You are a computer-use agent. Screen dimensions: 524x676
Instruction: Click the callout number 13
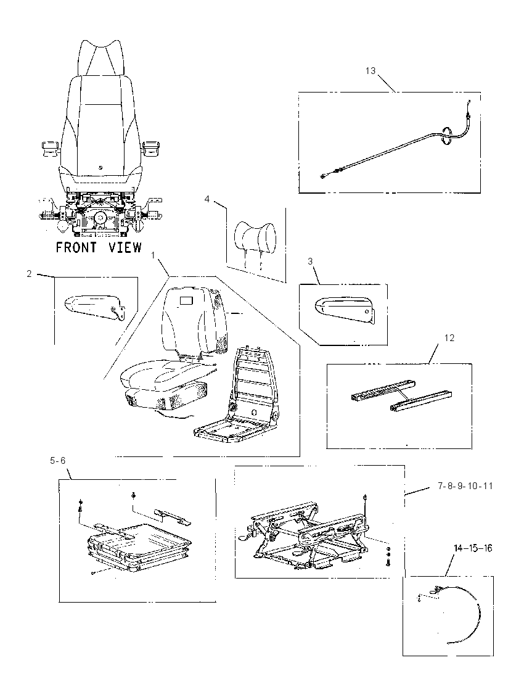pos(370,71)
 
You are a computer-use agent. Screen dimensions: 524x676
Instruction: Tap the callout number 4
pos(207,199)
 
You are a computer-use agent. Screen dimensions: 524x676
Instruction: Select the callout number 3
pos(310,262)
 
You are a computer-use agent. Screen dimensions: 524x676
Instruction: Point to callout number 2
pos(29,274)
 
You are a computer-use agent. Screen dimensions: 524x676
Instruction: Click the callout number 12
pos(449,338)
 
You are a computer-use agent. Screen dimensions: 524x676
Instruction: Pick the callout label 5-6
pos(58,461)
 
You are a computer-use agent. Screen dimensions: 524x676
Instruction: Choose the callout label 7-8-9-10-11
pos(465,486)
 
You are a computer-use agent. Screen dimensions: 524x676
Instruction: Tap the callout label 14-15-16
pos(473,548)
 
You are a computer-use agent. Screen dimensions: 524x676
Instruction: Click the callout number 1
pos(153,255)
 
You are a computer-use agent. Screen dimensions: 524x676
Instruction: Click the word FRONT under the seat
pos(76,247)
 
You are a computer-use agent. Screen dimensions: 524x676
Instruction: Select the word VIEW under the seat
pos(125,247)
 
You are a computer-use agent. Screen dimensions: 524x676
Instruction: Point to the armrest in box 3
pos(343,308)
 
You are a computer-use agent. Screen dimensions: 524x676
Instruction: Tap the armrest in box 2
pos(92,306)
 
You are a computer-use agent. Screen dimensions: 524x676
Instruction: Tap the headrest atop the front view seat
pos(101,58)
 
